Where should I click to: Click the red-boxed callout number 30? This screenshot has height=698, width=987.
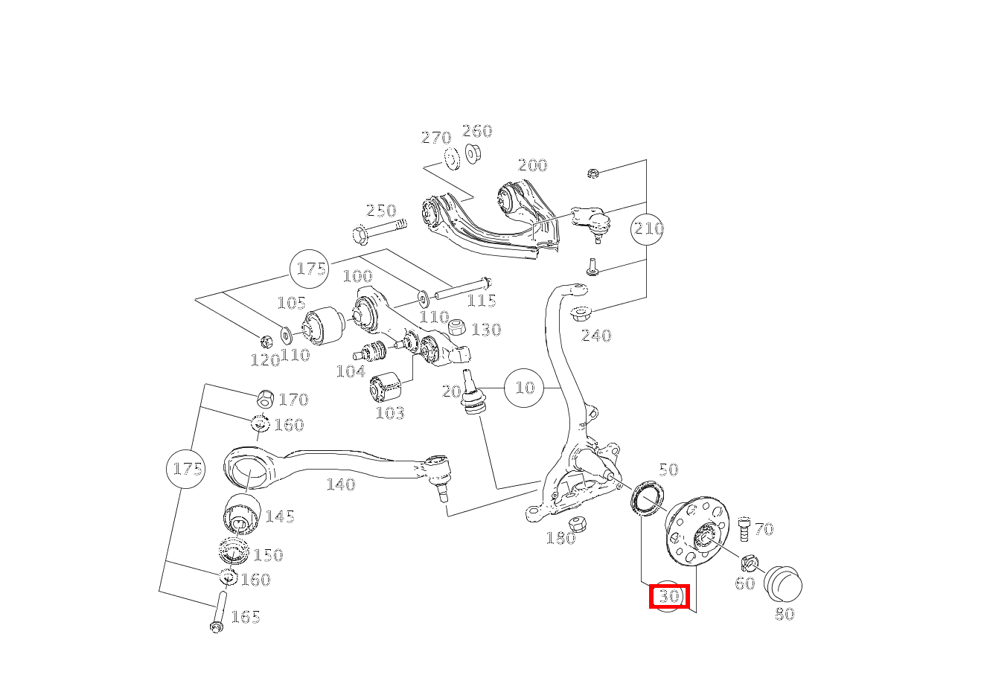pyautogui.click(x=669, y=596)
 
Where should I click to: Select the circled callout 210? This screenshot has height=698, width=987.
pyautogui.click(x=648, y=228)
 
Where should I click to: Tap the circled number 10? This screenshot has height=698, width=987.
pyautogui.click(x=524, y=388)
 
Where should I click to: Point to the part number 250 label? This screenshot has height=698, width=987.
pyautogui.click(x=381, y=211)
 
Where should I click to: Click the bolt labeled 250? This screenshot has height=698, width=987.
pyautogui.click(x=380, y=231)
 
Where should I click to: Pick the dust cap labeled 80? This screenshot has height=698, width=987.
pyautogui.click(x=783, y=584)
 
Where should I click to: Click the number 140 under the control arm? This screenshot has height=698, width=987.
pyautogui.click(x=341, y=484)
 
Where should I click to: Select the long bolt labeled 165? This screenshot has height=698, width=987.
pyautogui.click(x=219, y=611)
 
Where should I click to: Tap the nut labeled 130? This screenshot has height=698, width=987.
pyautogui.click(x=457, y=327)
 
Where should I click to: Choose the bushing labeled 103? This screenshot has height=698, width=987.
pyautogui.click(x=385, y=387)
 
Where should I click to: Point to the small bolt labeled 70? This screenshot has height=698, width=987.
pyautogui.click(x=744, y=529)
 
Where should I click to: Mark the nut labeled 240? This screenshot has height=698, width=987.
pyautogui.click(x=581, y=313)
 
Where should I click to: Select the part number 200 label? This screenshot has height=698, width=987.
pyautogui.click(x=532, y=165)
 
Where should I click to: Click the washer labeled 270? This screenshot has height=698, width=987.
pyautogui.click(x=452, y=158)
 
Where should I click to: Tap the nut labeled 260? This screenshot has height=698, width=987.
pyautogui.click(x=473, y=153)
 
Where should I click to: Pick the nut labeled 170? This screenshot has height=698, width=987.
pyautogui.click(x=265, y=399)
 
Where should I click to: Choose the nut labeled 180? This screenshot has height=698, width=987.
pyautogui.click(x=577, y=524)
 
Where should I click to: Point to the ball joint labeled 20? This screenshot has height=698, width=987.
pyautogui.click(x=472, y=393)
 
